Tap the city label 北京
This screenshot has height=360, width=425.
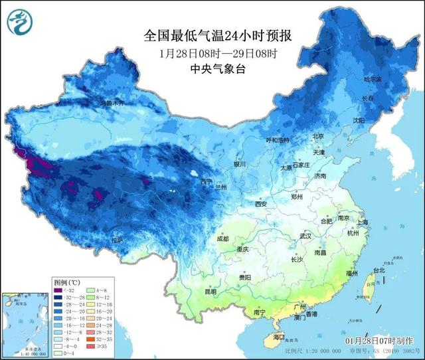click(319, 137)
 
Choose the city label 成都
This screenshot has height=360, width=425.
click(222, 238)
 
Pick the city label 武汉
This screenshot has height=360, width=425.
click(305, 236)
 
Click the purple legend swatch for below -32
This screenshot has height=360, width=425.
click(59, 290)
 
